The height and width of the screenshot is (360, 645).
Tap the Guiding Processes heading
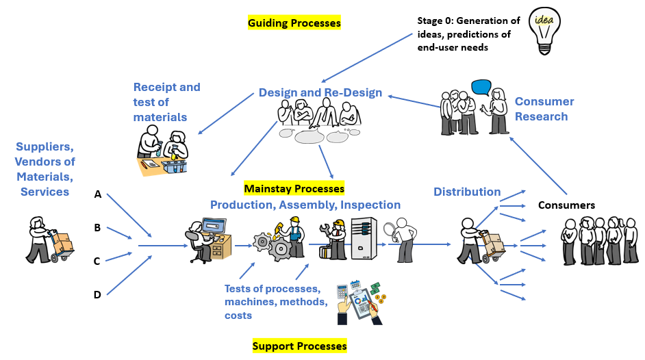click(x=294, y=23)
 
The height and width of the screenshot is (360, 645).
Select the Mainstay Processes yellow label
click(x=294, y=188)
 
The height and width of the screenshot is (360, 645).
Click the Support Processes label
click(x=299, y=346)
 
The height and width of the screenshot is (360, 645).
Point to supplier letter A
click(x=98, y=194)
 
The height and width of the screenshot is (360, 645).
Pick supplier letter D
click(x=97, y=295)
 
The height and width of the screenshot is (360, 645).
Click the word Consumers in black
click(x=566, y=205)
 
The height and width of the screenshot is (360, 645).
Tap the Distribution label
click(x=467, y=192)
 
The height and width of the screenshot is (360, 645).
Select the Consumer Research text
click(x=544, y=109)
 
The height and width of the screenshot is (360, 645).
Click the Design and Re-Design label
click(x=320, y=93)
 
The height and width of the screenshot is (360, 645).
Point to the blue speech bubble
click(x=481, y=87)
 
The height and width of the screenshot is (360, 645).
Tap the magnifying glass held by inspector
click(x=390, y=229)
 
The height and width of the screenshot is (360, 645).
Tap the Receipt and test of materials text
click(x=166, y=103)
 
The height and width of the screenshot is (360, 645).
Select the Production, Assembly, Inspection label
click(x=305, y=205)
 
